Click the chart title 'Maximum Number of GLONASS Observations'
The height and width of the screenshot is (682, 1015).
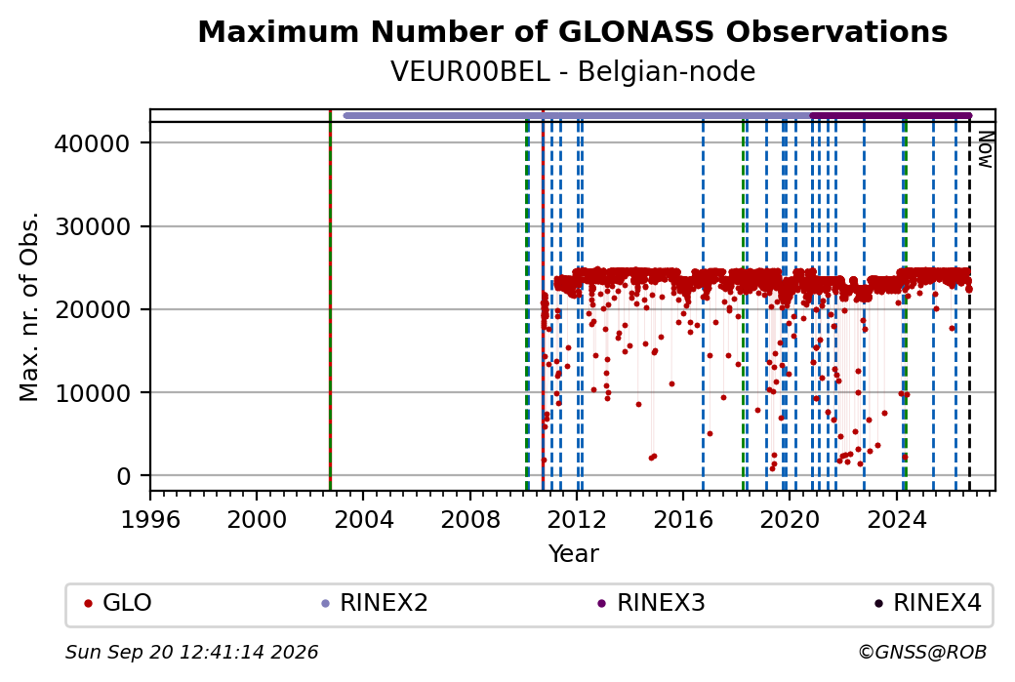572,31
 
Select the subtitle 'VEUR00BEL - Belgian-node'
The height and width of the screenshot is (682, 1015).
572,71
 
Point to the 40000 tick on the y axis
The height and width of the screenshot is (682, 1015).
92,143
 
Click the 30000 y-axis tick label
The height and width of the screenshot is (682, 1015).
92,226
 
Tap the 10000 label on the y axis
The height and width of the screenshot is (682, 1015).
92,393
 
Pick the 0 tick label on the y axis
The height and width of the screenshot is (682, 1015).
123,476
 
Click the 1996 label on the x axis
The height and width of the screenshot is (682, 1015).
150,520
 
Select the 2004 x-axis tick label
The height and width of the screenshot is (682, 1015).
363,520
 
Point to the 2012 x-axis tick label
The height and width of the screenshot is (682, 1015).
576,520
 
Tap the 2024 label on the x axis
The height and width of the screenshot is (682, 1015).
896,520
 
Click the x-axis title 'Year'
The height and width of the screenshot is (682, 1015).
573,554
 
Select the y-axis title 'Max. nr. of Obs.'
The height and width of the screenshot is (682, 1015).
29,306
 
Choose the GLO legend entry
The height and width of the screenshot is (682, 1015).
118,603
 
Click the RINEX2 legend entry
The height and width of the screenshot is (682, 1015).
375,603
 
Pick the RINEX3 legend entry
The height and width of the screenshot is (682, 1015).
651,603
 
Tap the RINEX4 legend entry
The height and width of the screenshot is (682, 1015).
928,603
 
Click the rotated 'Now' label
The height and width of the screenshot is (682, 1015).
985,149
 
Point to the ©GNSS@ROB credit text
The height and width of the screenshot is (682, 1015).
921,652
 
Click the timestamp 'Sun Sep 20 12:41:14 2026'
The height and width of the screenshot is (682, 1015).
191,652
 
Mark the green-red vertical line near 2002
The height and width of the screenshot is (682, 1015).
330,301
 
